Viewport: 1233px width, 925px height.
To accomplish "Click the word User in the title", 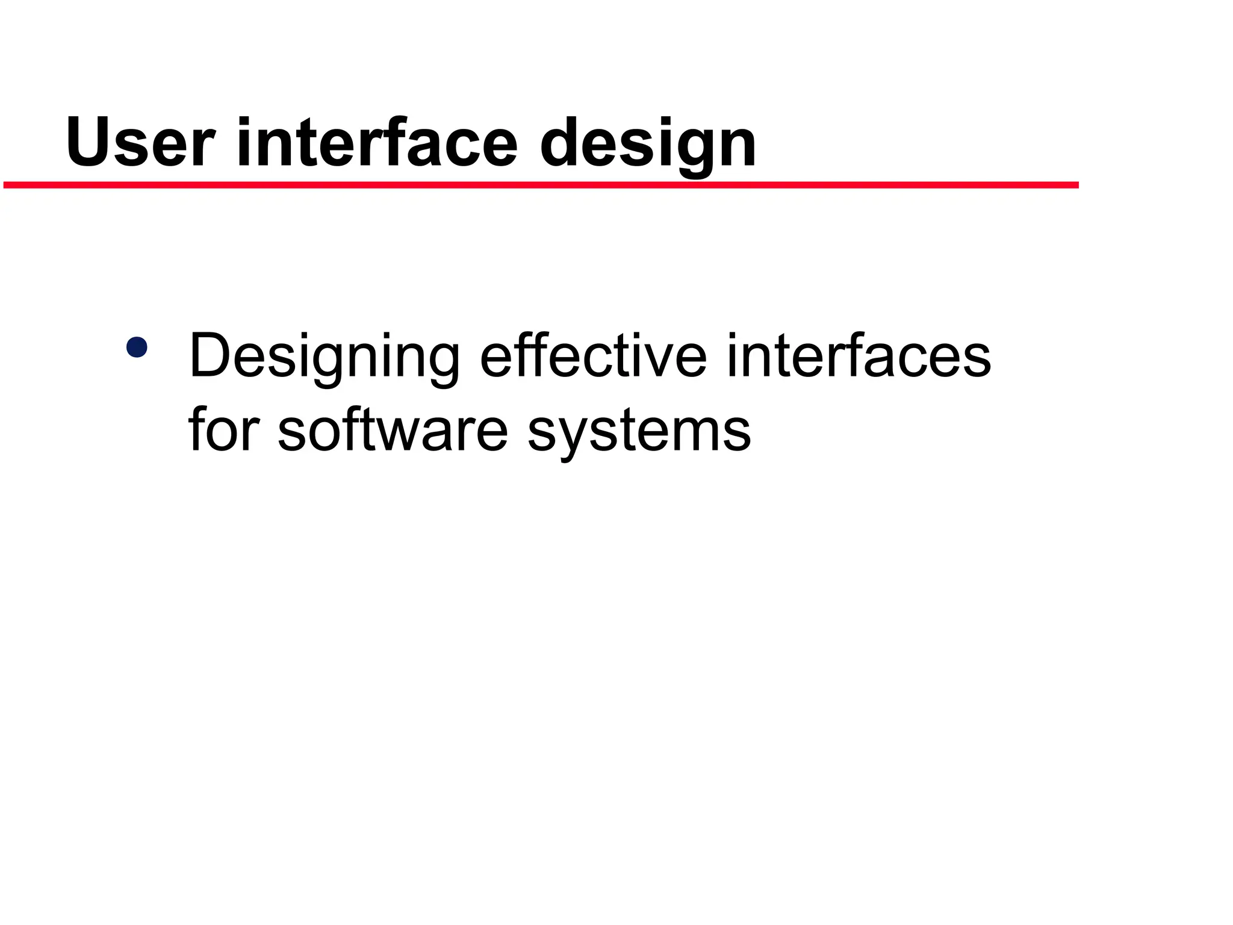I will pos(140,143).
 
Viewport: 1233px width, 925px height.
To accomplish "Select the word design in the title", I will pos(648,145).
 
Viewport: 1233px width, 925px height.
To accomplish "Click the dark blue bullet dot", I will pos(137,347).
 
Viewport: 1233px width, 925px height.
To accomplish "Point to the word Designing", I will pos(325,358).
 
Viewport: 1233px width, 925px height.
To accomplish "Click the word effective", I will pos(593,357).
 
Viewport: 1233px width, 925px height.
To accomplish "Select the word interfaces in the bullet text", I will pos(859,357).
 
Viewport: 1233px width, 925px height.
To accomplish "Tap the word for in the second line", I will pos(224,430).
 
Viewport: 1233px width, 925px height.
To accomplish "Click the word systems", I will pos(639,432).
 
